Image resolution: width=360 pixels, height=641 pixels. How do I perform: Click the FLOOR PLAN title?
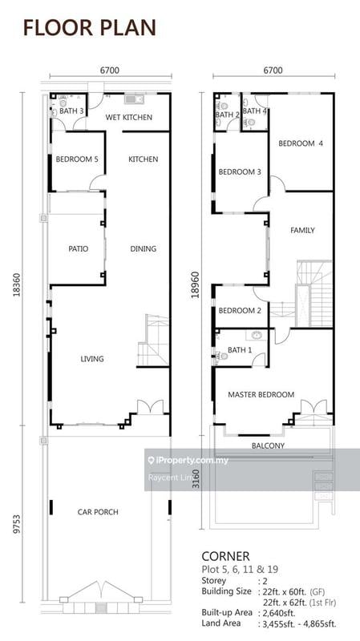[x=90, y=28]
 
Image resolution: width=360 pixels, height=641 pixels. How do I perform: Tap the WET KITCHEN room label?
[x=129, y=117]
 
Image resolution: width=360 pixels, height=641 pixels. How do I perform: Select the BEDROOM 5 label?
[x=77, y=159]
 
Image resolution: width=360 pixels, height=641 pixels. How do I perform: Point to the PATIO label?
[x=78, y=248]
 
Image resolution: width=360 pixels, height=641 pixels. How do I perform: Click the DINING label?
[x=144, y=248]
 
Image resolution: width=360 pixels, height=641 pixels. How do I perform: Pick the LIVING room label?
[x=92, y=359]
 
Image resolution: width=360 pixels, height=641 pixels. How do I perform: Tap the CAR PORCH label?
[x=98, y=512]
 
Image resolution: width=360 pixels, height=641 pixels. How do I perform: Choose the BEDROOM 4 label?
[x=301, y=143]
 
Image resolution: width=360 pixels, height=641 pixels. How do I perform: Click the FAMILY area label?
[x=303, y=230]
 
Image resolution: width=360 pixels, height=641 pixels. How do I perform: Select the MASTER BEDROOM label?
[x=261, y=394]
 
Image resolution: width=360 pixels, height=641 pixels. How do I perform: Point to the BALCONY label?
[x=268, y=445]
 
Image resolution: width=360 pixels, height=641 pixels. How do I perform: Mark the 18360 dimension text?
[x=17, y=282]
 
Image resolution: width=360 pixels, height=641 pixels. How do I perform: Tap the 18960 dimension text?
[x=196, y=284]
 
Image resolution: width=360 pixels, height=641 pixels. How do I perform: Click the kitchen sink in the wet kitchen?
[x=134, y=99]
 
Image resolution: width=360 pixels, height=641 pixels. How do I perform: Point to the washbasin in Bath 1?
[x=257, y=336]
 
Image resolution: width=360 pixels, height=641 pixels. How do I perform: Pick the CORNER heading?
[x=225, y=556]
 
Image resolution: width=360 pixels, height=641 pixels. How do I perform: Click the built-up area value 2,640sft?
[x=277, y=612]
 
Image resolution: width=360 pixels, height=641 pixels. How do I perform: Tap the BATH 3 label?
[x=72, y=111]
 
